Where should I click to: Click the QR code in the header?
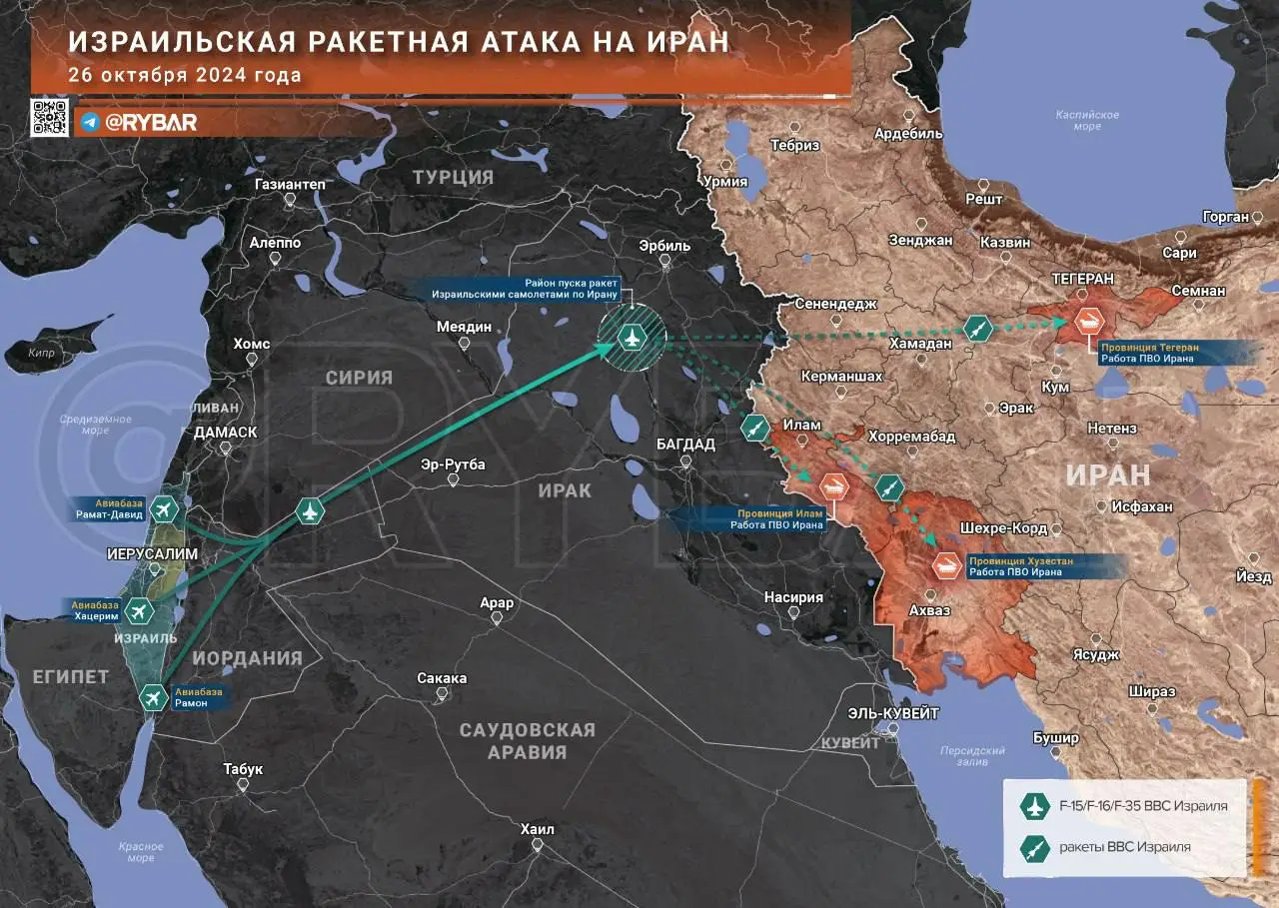click(50, 118)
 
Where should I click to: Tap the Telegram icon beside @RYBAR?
click(90, 122)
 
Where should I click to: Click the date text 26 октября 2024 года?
click(185, 75)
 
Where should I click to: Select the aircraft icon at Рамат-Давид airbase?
click(165, 511)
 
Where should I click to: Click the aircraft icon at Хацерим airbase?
click(137, 610)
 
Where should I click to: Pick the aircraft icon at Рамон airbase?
click(153, 697)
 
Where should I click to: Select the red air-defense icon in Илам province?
click(834, 487)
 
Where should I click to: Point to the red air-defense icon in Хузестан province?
click(946, 565)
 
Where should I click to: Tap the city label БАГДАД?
click(685, 444)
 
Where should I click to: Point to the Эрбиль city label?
click(662, 246)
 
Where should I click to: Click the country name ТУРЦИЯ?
click(454, 177)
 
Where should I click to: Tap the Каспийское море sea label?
click(1087, 121)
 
